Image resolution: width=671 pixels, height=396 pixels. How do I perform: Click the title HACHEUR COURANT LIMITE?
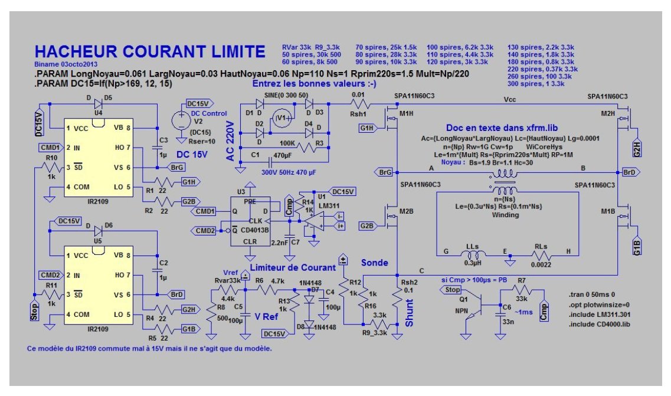[150, 51]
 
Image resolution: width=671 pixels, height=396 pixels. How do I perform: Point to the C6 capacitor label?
[506, 307]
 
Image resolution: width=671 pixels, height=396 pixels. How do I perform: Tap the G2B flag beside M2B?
[366, 225]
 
